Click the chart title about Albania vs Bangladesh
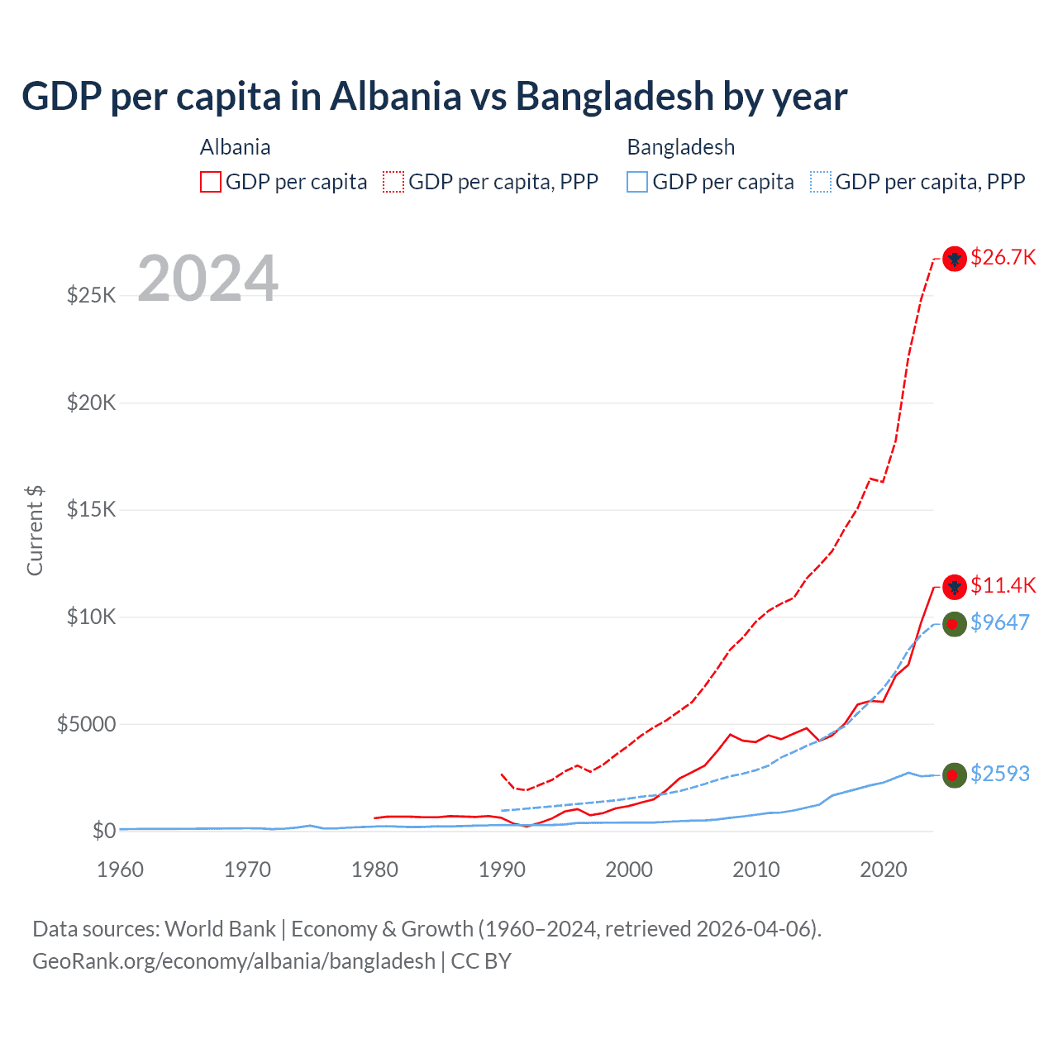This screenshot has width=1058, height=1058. (x=435, y=97)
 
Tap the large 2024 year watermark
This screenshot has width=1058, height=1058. (x=207, y=279)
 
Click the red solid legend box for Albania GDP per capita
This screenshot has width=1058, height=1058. (x=211, y=182)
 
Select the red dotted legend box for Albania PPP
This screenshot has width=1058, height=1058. (x=393, y=182)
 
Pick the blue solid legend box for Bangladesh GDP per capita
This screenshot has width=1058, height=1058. (x=637, y=182)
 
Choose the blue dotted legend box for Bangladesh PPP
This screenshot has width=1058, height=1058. (x=821, y=182)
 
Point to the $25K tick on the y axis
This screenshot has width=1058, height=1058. (x=91, y=295)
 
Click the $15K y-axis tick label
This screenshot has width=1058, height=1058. (x=91, y=509)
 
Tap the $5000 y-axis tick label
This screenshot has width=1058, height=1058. (x=86, y=724)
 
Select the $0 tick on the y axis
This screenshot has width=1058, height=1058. (x=103, y=831)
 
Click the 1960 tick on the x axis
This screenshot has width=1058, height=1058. (x=121, y=870)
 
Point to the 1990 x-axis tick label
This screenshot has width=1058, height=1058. (x=502, y=870)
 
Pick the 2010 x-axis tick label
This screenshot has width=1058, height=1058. (x=756, y=870)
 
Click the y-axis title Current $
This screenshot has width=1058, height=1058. (x=35, y=530)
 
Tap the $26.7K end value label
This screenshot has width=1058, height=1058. (x=1003, y=258)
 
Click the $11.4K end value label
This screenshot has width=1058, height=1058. (x=1003, y=586)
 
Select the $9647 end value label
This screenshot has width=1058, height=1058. (x=999, y=622)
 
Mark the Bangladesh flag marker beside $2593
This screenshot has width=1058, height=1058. (x=955, y=774)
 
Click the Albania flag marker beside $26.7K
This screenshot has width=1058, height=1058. (x=955, y=259)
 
